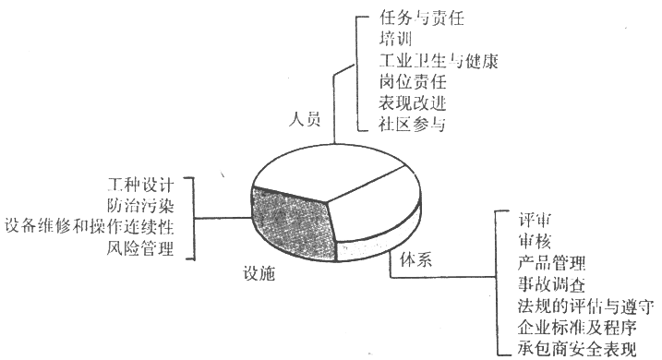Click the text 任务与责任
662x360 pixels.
click(x=422, y=18)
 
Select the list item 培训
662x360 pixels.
click(x=395, y=40)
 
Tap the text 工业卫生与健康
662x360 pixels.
click(x=439, y=61)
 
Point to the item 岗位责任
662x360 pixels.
click(x=413, y=82)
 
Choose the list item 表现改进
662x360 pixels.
click(x=413, y=103)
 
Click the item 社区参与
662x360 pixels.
click(x=413, y=124)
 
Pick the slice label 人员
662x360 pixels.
click(x=305, y=119)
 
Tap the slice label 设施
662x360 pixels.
click(x=259, y=273)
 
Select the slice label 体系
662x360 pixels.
click(x=415, y=259)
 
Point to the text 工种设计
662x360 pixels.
click(x=140, y=185)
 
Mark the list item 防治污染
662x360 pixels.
click(x=140, y=206)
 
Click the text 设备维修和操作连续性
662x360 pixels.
click(x=90, y=227)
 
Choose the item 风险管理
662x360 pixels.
click(x=140, y=248)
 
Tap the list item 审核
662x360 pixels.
click(x=535, y=242)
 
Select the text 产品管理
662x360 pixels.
click(x=551, y=263)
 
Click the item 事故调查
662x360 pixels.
click(x=551, y=284)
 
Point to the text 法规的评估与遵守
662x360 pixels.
click(x=586, y=306)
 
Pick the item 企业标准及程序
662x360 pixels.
click(x=577, y=328)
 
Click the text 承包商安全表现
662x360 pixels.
click(x=577, y=349)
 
